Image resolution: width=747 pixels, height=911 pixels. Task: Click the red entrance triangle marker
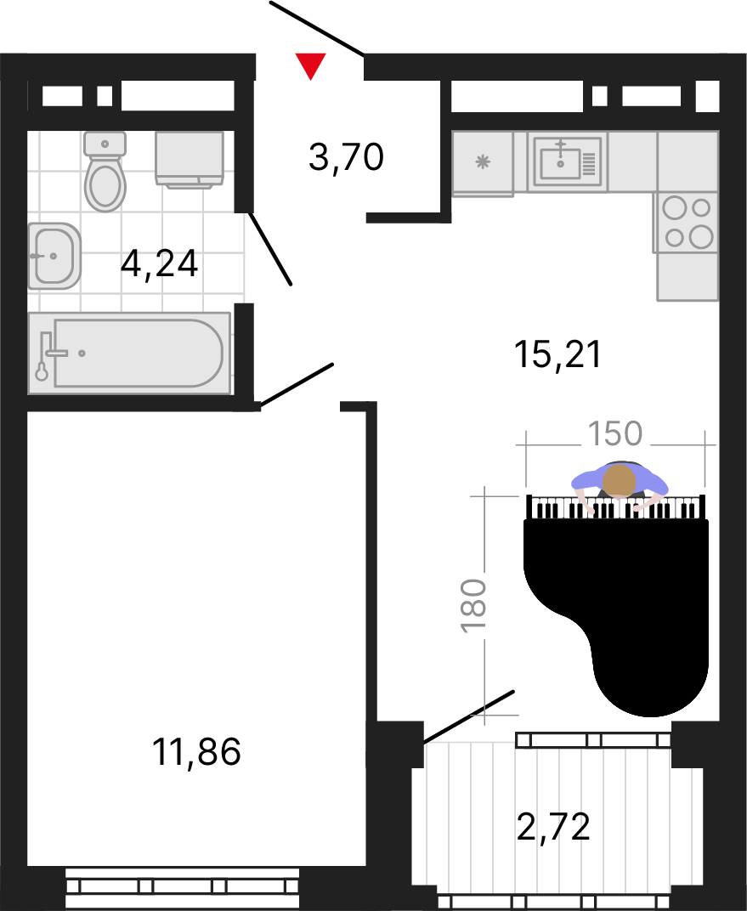coord(311,65)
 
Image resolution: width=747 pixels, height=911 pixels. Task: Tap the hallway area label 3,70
coord(346,157)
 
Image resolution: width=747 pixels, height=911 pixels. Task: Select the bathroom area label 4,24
coord(159,263)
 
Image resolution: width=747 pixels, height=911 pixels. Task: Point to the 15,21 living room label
coord(557,354)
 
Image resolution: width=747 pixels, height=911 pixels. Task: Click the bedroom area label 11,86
coord(196,751)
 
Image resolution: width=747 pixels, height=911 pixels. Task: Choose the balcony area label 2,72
coord(553,827)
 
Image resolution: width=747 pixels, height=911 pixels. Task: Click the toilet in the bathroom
coord(105,172)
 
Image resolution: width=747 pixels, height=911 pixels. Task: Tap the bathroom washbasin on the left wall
coord(54,256)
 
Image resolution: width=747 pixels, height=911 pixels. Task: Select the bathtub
coord(129,354)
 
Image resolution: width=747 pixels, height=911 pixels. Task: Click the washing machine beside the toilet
coord(190,160)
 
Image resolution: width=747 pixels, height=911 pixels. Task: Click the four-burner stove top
coord(688,223)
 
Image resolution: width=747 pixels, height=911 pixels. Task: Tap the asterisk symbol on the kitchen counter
coord(483,161)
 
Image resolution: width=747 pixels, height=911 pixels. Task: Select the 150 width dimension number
coord(615,433)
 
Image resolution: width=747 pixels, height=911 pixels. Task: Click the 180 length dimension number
coord(473,605)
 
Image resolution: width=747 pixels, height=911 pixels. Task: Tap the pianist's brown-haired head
coord(620,480)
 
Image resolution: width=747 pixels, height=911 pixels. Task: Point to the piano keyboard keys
coord(616,507)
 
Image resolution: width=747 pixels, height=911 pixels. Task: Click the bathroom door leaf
coord(270,249)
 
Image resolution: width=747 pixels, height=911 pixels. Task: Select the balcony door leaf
coord(469,716)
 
